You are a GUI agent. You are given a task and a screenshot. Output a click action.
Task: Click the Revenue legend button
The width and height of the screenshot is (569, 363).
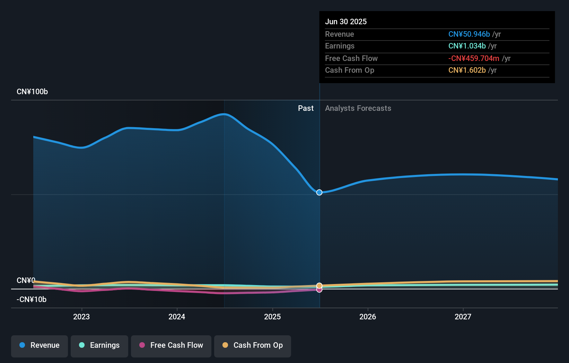pyautogui.click(x=40, y=346)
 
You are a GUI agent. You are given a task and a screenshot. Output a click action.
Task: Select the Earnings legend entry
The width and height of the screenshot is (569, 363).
pyautogui.click(x=99, y=346)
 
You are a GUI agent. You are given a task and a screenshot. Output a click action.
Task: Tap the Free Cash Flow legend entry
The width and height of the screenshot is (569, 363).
pyautogui.click(x=171, y=346)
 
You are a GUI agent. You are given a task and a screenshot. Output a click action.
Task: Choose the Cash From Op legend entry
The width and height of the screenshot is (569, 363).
pyautogui.click(x=253, y=346)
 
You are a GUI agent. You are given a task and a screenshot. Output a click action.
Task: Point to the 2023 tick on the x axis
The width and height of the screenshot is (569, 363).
pyautogui.click(x=81, y=317)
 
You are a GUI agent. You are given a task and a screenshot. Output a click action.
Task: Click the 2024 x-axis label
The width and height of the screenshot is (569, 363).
pyautogui.click(x=177, y=317)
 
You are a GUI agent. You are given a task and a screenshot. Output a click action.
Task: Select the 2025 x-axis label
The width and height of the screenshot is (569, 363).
pyautogui.click(x=272, y=317)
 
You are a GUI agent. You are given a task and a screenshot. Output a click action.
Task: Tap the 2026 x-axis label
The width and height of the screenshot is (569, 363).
pyautogui.click(x=368, y=317)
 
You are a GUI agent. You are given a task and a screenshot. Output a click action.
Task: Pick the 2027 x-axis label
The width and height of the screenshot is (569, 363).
pyautogui.click(x=463, y=317)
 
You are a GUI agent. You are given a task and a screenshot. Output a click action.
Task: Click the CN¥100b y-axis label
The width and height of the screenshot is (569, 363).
pyautogui.click(x=32, y=92)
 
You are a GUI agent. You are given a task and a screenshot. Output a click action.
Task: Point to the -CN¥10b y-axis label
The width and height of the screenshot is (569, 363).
pyautogui.click(x=32, y=300)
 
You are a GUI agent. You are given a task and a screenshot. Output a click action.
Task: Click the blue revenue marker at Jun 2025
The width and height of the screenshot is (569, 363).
pyautogui.click(x=319, y=192)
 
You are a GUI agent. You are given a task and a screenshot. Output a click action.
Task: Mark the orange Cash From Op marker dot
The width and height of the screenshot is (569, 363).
pyautogui.click(x=319, y=286)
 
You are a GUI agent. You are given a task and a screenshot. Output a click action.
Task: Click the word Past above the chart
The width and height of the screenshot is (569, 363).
pyautogui.click(x=306, y=108)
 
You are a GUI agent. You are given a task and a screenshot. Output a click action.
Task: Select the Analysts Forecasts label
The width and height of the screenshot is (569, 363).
pyautogui.click(x=358, y=108)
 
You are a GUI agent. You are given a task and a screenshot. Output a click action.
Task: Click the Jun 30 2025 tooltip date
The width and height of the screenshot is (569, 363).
pyautogui.click(x=346, y=21)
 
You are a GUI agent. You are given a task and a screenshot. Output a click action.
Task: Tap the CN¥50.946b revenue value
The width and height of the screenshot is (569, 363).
pyautogui.click(x=469, y=34)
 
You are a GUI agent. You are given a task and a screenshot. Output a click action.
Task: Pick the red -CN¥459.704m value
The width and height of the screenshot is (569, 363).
pyautogui.click(x=473, y=59)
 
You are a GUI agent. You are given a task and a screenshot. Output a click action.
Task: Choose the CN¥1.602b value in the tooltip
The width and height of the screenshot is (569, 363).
pyautogui.click(x=467, y=70)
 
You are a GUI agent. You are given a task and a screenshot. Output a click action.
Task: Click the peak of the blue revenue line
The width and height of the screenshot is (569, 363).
pyautogui.click(x=225, y=114)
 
